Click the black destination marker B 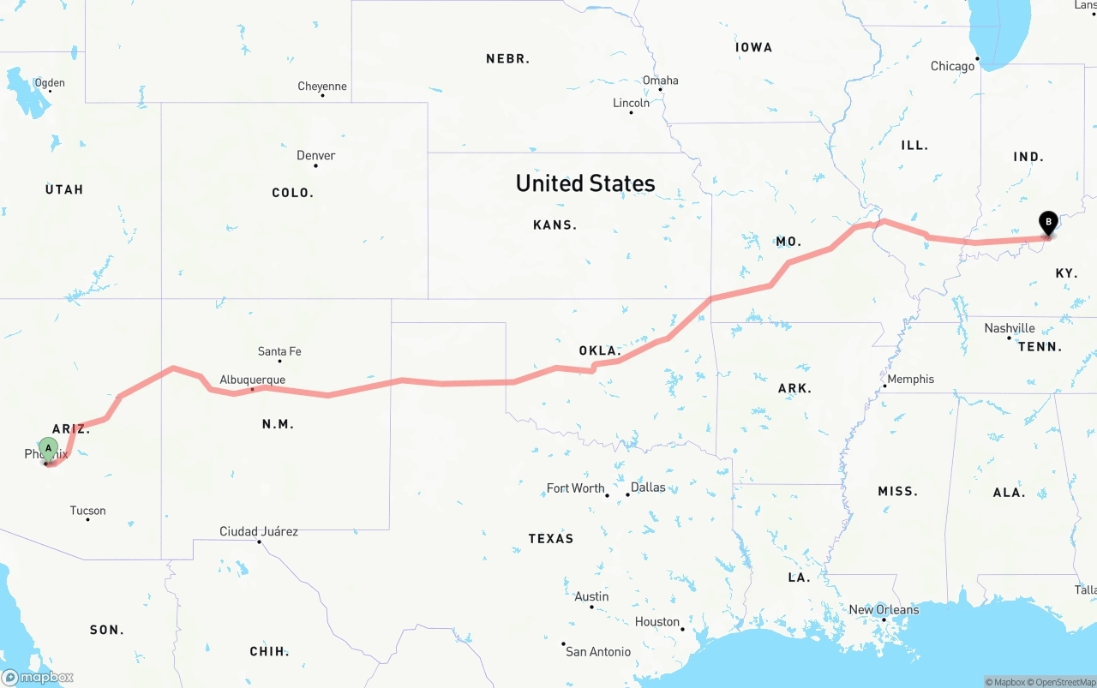click(1047, 223)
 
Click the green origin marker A click(49, 448)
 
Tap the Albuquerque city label click(252, 380)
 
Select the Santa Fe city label click(279, 351)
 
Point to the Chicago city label click(952, 66)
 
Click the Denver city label click(315, 155)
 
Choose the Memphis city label click(910, 379)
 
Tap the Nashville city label click(1009, 328)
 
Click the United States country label click(585, 182)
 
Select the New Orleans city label click(884, 609)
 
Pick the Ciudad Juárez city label click(259, 531)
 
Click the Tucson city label click(87, 511)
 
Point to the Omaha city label click(660, 81)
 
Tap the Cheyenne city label click(322, 86)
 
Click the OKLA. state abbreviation click(599, 350)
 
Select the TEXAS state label click(550, 538)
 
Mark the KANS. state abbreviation click(554, 225)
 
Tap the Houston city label click(657, 621)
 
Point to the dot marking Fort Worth click(607, 495)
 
